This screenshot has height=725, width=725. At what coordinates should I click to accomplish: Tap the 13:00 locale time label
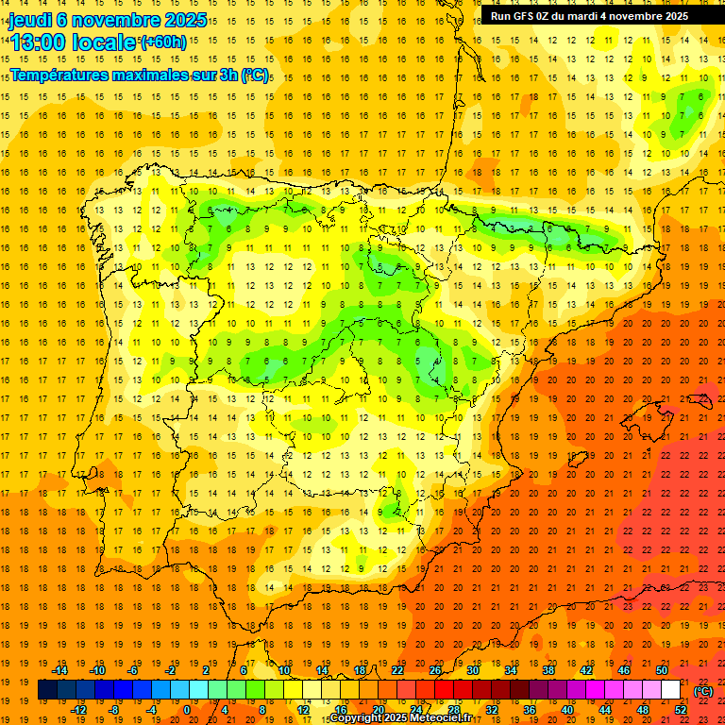point(74,42)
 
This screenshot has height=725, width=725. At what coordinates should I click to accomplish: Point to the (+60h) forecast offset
point(163,42)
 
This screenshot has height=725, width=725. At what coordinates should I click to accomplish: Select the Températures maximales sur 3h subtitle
point(139,74)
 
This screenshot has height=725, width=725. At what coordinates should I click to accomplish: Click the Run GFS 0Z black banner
point(589,15)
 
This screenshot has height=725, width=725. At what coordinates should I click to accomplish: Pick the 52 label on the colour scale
point(681,710)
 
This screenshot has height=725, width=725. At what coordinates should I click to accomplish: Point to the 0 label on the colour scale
point(187,710)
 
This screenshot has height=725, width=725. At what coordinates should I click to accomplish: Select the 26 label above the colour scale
point(435,670)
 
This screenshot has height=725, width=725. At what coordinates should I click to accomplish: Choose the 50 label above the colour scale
point(662,670)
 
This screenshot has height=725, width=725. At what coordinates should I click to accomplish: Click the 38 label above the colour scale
point(548,670)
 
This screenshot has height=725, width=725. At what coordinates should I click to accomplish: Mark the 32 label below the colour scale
point(492,710)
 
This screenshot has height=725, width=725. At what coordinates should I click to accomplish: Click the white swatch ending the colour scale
point(671,690)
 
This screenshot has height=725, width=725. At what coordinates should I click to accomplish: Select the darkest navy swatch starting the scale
point(47,690)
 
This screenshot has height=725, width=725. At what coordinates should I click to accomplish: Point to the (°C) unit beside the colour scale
point(703,690)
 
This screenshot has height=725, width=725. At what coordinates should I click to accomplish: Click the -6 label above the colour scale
point(133,670)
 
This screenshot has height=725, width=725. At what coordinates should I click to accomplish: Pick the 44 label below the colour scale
point(605,710)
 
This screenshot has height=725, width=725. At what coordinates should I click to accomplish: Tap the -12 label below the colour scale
point(78,710)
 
